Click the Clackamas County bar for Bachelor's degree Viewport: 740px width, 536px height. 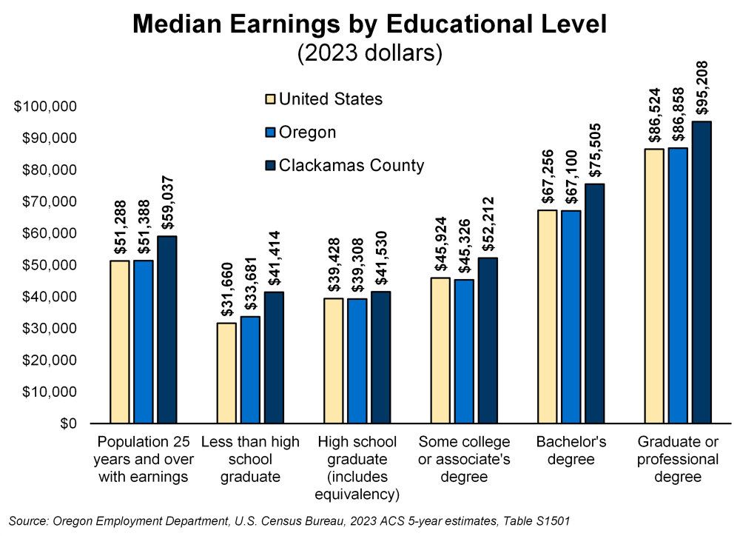point(594,304)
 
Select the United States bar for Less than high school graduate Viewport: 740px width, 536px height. point(226,373)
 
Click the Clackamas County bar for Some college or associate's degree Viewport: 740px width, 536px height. point(488,341)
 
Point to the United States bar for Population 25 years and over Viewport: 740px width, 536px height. point(120,342)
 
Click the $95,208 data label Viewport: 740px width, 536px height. point(702,88)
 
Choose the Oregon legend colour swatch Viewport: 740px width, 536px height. point(270,133)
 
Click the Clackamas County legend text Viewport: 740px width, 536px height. point(351,165)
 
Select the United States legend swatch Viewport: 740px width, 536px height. point(270,99)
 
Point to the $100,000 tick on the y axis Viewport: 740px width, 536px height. point(46,107)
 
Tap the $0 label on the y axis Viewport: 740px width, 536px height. point(68,423)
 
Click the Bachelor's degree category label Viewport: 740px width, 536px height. point(571,450)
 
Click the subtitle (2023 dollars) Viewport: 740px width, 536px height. point(369,53)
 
